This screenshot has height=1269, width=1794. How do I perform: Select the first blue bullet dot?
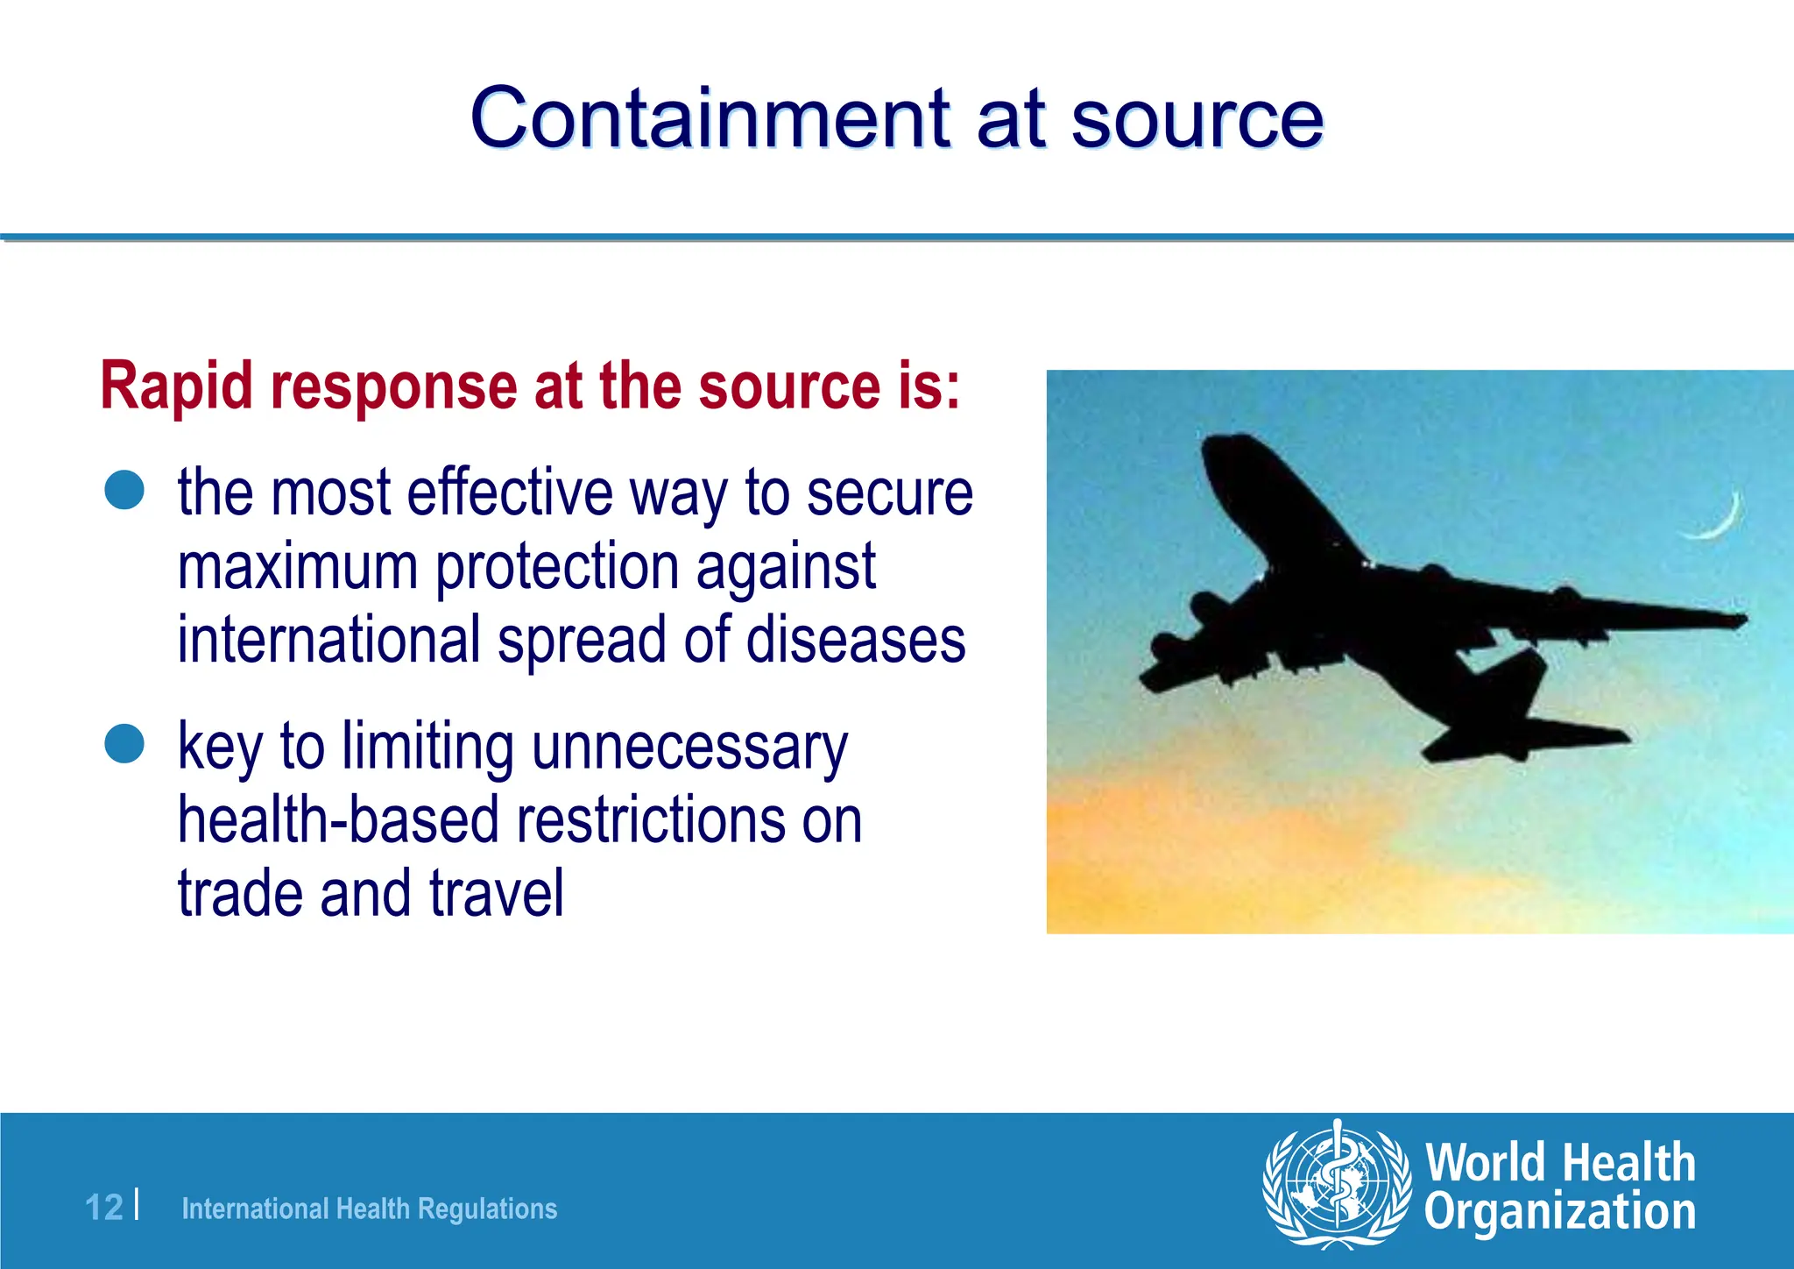tap(124, 490)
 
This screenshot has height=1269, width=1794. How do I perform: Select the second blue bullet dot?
tap(124, 744)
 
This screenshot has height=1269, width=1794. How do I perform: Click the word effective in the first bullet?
tap(510, 493)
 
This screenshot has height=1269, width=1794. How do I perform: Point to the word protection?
tap(558, 568)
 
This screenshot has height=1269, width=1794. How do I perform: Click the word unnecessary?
tap(689, 748)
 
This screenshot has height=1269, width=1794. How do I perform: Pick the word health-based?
tap(338, 820)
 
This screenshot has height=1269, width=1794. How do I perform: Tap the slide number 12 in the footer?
tap(104, 1208)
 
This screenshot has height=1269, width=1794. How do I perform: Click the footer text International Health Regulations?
tap(369, 1209)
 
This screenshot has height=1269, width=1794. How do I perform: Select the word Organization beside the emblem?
tap(1559, 1212)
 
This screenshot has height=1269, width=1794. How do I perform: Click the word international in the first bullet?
tap(328, 640)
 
